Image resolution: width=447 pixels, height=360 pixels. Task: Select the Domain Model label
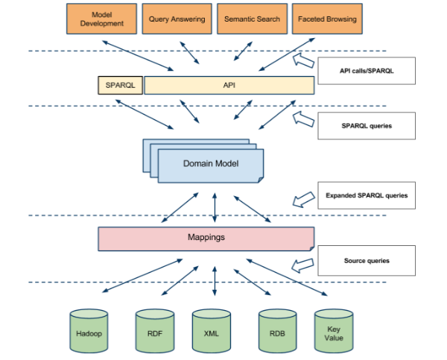pyautogui.click(x=210, y=162)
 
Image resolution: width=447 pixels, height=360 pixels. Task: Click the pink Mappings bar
pyautogui.click(x=206, y=239)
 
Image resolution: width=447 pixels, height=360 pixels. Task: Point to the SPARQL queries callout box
pyautogui.click(x=365, y=126)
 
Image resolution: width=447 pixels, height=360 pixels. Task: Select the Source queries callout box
pyautogui.click(x=365, y=261)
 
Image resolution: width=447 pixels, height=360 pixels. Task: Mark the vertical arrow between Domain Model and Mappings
pyautogui.click(x=215, y=205)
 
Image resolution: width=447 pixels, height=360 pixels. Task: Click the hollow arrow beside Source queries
pyautogui.click(x=302, y=264)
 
